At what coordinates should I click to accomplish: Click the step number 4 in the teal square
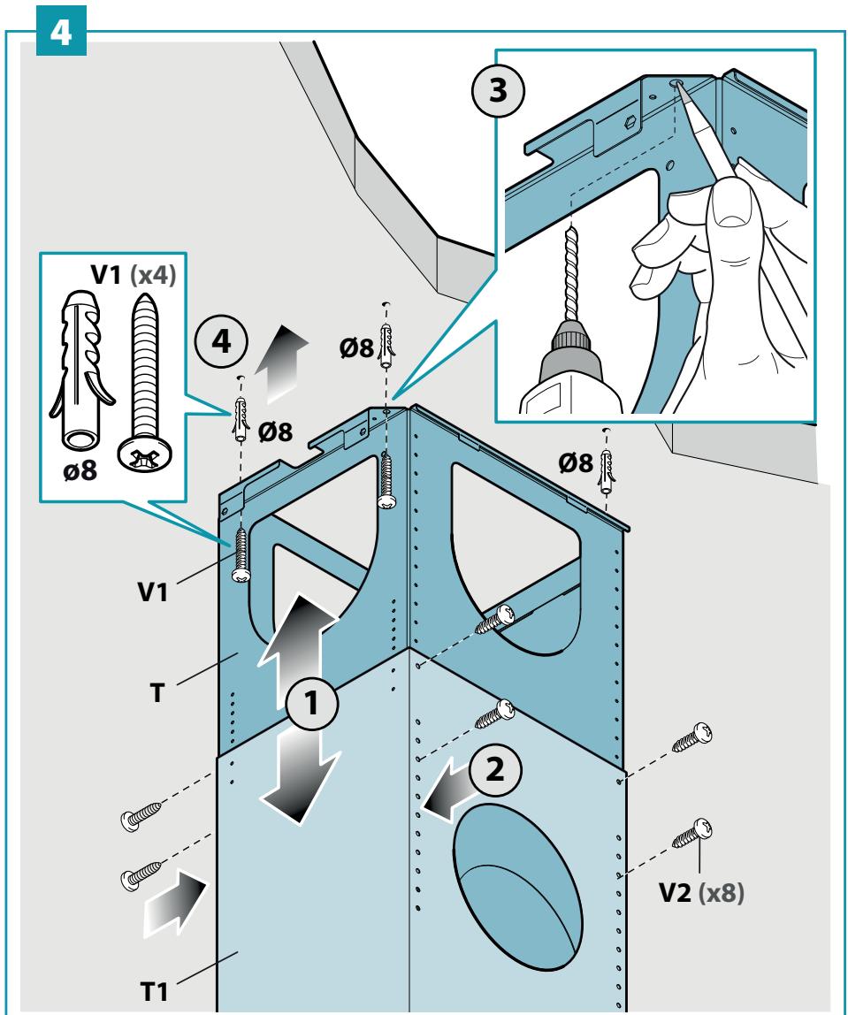pos(61,31)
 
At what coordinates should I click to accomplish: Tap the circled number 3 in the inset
pos(498,90)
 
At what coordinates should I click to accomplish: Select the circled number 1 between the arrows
pos(311,704)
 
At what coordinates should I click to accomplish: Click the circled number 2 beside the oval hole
pos(494,770)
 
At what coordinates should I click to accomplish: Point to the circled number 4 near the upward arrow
pos(221,341)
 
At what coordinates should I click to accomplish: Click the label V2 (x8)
pos(701,893)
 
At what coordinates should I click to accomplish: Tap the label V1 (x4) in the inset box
pos(134,275)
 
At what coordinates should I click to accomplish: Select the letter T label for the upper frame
pos(157,693)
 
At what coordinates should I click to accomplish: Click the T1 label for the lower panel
pos(154,992)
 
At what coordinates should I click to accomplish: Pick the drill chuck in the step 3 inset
pos(570,350)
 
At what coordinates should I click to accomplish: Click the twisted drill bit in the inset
pos(571,272)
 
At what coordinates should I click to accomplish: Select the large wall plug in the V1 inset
pos(81,370)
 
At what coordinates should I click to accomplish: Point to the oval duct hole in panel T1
pos(517,888)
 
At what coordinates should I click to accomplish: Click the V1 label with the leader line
pos(153,591)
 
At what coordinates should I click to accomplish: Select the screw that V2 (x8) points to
pos(692,833)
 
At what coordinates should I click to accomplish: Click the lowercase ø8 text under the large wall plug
pos(80,470)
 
